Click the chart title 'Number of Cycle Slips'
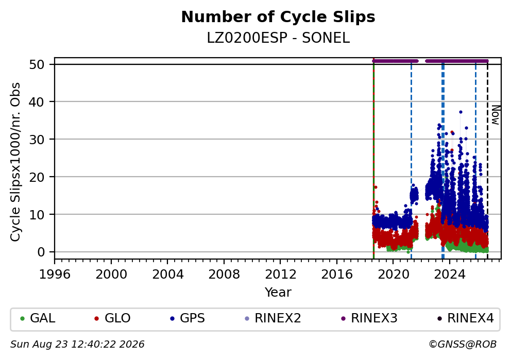click(278, 17)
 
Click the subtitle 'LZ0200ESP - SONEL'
click(278, 38)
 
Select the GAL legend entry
click(38, 318)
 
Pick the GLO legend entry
click(112, 318)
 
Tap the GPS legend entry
click(188, 318)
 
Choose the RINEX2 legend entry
click(273, 318)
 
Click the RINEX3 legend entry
click(369, 318)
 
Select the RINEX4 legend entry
click(466, 318)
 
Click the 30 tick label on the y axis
click(37, 140)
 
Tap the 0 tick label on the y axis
click(41, 252)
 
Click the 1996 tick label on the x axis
click(55, 275)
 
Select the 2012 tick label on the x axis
click(280, 275)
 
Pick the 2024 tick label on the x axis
click(449, 275)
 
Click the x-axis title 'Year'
click(278, 292)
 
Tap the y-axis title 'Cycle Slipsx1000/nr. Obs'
click(15, 162)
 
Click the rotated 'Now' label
click(495, 115)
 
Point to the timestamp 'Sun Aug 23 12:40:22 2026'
click(77, 345)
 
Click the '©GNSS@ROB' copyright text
click(463, 345)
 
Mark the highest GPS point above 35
click(461, 112)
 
